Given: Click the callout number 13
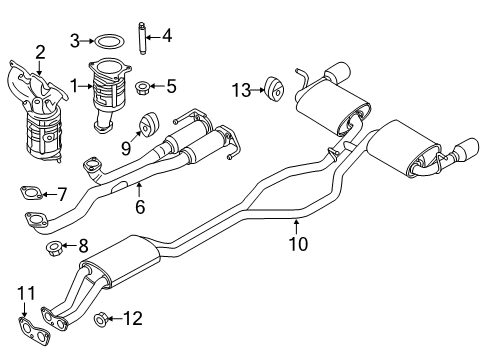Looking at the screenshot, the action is click(x=241, y=90).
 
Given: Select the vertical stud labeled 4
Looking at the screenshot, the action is click(x=143, y=38).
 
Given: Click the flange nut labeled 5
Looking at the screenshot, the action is click(x=141, y=88).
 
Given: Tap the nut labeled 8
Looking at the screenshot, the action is click(x=53, y=248).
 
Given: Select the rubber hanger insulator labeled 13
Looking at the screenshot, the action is click(x=274, y=89).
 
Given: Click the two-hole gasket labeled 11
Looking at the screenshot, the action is click(x=34, y=332).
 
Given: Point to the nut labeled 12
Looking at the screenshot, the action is click(x=100, y=319).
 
